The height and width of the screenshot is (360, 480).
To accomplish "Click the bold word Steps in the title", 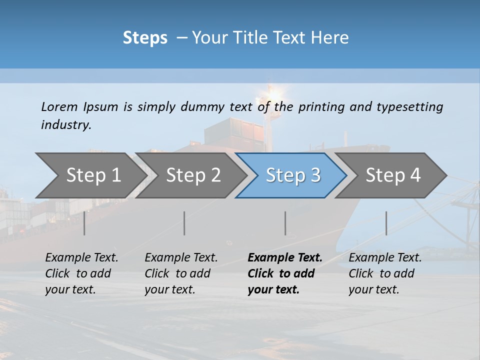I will [x=145, y=38].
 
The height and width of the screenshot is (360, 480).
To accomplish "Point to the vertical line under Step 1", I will [x=84, y=223].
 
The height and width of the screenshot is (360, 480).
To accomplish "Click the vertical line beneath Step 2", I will [x=184, y=223].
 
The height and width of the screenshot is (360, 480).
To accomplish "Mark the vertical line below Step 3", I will [x=285, y=223].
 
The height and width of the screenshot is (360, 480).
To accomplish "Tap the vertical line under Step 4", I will [x=386, y=223].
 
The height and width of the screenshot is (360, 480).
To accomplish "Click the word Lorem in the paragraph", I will [x=59, y=107].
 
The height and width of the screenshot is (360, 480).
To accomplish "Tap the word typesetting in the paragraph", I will [x=409, y=107].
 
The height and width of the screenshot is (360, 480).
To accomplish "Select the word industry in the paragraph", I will [x=65, y=125].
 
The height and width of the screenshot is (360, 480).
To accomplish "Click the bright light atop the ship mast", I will [x=272, y=92].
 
